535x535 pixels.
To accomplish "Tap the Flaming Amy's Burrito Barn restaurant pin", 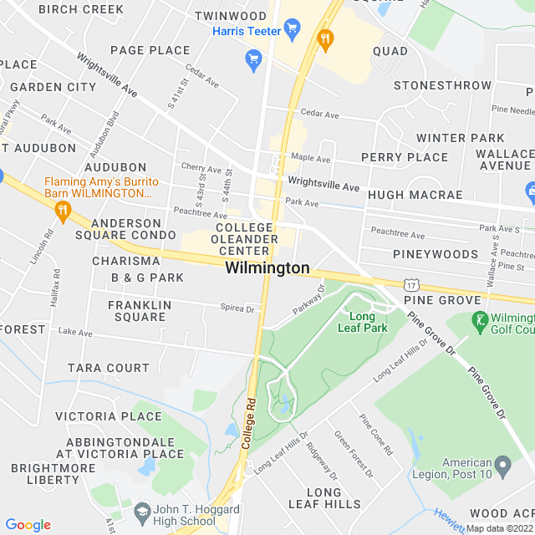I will [x=62, y=213].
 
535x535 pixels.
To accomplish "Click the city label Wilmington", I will [x=267, y=268].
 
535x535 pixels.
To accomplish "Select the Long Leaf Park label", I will [x=362, y=322].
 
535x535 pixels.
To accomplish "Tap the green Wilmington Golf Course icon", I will [x=480, y=319].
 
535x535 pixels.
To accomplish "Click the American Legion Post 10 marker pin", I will [x=502, y=464].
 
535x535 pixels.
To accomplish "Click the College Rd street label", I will [x=247, y=426].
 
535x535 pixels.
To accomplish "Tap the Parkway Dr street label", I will [x=308, y=299].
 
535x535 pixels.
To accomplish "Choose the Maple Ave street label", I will [x=310, y=159].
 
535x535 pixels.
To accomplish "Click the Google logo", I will [x=28, y=525].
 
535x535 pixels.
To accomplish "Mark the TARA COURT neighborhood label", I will [x=108, y=368].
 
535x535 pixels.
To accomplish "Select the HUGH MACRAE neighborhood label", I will [x=415, y=195].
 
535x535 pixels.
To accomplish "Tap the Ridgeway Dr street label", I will [x=321, y=461].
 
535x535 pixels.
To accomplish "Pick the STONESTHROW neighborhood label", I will [x=442, y=85].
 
